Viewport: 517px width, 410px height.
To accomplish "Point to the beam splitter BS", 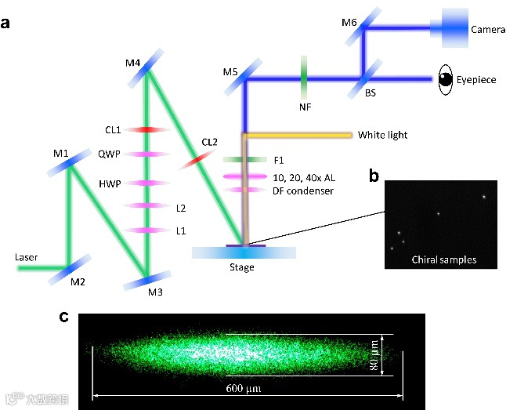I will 364,78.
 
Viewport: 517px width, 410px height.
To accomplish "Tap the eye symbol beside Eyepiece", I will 445,79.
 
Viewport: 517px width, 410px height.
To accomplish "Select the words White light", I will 382,135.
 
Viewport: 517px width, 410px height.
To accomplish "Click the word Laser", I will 27,256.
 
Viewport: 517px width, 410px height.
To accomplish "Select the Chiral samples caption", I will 443,259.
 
